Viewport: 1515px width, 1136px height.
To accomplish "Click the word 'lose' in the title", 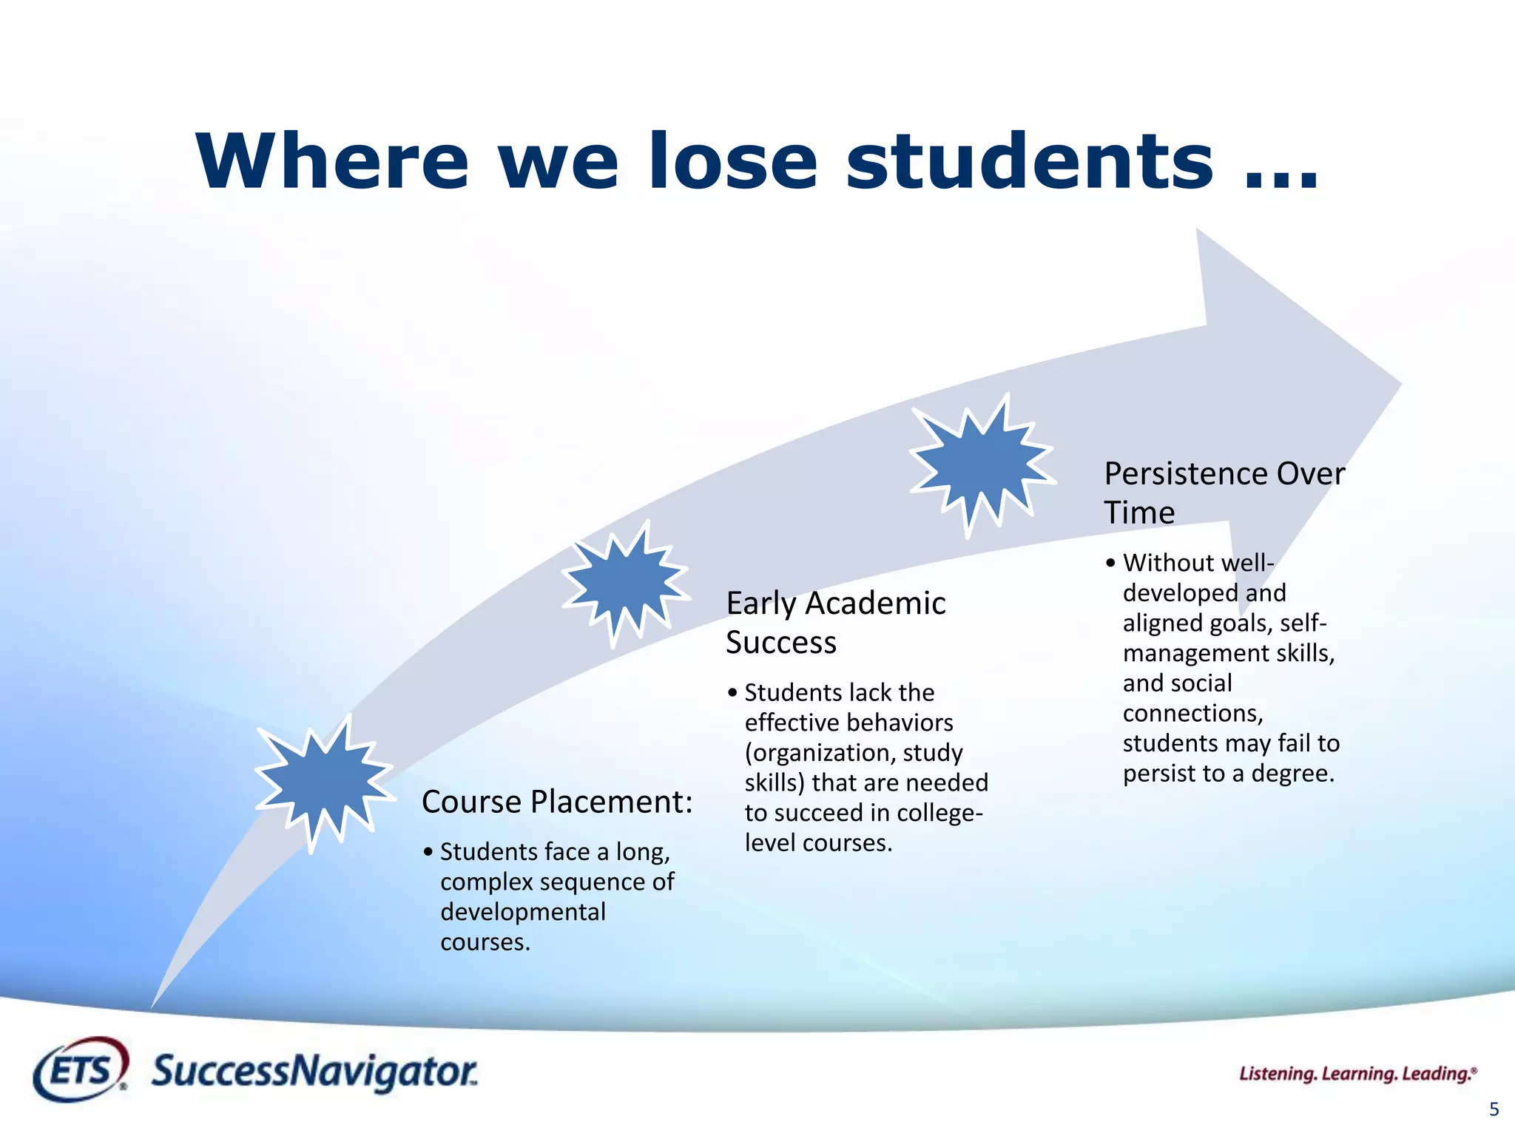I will click(x=732, y=160).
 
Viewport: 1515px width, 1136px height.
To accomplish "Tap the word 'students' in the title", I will click(x=1029, y=160).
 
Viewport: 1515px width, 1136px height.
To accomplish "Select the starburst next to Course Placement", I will click(x=324, y=782).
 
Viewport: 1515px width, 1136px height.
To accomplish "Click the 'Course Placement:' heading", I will click(x=557, y=802).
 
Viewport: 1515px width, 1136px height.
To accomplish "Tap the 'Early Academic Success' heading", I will click(x=835, y=622).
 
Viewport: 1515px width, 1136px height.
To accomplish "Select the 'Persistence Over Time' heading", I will click(x=1224, y=492).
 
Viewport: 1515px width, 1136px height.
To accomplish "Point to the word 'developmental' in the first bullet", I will click(x=523, y=912).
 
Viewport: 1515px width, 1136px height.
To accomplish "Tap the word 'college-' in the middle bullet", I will click(x=939, y=813).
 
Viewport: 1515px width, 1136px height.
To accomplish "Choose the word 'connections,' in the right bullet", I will click(x=1192, y=713).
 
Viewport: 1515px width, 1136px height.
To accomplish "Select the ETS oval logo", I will click(x=80, y=1069).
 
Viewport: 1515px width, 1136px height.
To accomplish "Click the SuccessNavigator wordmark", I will click(x=314, y=1072).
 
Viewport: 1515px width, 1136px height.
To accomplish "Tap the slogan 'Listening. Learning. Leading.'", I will click(x=1357, y=1074).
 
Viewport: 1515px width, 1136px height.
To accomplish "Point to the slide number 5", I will click(x=1494, y=1109).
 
